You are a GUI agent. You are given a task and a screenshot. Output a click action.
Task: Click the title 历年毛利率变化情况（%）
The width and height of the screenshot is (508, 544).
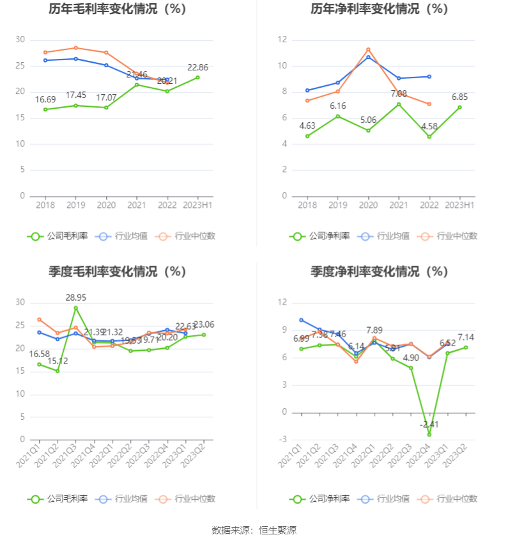tap(118, 10)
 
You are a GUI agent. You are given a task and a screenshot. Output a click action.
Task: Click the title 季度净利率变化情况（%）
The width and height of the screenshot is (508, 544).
tap(380, 271)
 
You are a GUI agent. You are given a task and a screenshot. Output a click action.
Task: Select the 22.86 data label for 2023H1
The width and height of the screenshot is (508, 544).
tap(197, 67)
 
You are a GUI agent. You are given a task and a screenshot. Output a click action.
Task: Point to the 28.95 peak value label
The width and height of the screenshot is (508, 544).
tap(76, 298)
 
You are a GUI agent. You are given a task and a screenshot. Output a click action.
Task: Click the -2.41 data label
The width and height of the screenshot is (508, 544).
tap(429, 424)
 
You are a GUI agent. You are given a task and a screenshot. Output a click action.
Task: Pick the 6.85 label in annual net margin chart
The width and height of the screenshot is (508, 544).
tap(460, 97)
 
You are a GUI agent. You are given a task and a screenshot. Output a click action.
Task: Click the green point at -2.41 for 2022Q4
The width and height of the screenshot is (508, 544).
tap(429, 435)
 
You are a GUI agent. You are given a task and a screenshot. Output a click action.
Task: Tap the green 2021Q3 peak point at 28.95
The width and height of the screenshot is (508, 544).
tap(76, 308)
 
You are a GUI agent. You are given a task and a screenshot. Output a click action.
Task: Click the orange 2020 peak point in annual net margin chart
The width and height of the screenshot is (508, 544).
tap(368, 49)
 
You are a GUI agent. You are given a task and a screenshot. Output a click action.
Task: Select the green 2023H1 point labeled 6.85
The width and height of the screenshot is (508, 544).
tap(459, 107)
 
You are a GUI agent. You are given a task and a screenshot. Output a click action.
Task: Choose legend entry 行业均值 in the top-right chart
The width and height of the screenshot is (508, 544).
tap(386, 236)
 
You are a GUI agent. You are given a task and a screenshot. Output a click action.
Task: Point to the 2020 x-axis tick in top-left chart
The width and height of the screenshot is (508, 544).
tap(106, 205)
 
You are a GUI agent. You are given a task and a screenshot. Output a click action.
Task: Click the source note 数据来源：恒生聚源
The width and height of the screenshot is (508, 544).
tap(254, 530)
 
